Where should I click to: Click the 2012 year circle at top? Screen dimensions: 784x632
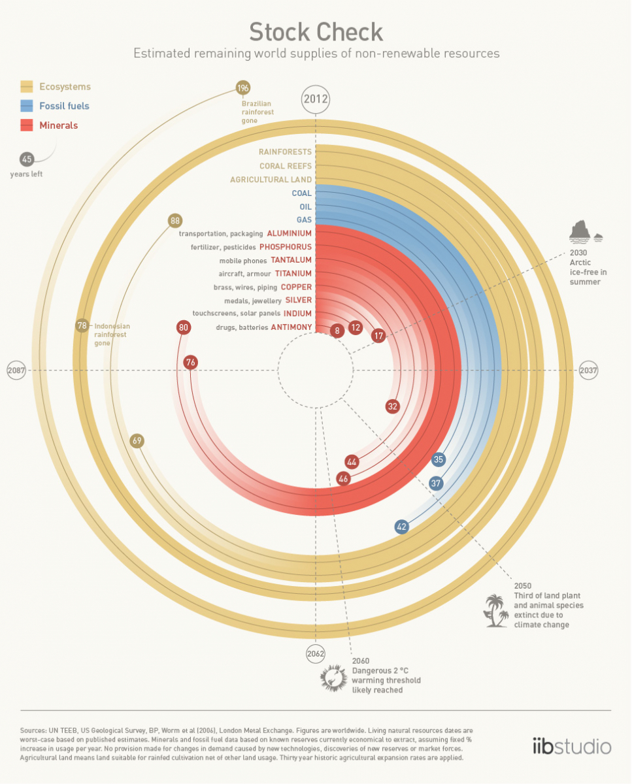point(316,100)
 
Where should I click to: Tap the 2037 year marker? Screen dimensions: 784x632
point(588,370)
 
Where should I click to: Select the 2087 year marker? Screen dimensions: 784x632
point(16,370)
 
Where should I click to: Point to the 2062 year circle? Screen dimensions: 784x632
point(316,653)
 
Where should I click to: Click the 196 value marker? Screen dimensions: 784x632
point(243,88)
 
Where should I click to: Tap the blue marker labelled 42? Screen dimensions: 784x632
point(401,527)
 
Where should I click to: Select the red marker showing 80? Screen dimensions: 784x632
point(183,327)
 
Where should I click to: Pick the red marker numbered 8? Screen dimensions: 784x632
point(337,331)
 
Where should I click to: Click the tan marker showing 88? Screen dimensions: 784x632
point(175,221)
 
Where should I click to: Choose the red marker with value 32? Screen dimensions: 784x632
point(393,406)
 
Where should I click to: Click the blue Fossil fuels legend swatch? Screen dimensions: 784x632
point(27,106)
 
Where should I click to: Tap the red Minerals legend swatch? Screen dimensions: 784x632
point(27,125)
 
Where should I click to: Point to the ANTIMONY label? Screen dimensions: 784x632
point(291,327)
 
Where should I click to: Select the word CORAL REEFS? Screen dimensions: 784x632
point(286,166)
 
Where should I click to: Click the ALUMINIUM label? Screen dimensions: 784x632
point(289,233)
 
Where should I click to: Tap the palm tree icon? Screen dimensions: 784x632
point(496,611)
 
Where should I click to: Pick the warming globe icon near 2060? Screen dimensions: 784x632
point(333,679)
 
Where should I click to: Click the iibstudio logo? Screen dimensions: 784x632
point(571,746)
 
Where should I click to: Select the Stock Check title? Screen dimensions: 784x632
point(316,32)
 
